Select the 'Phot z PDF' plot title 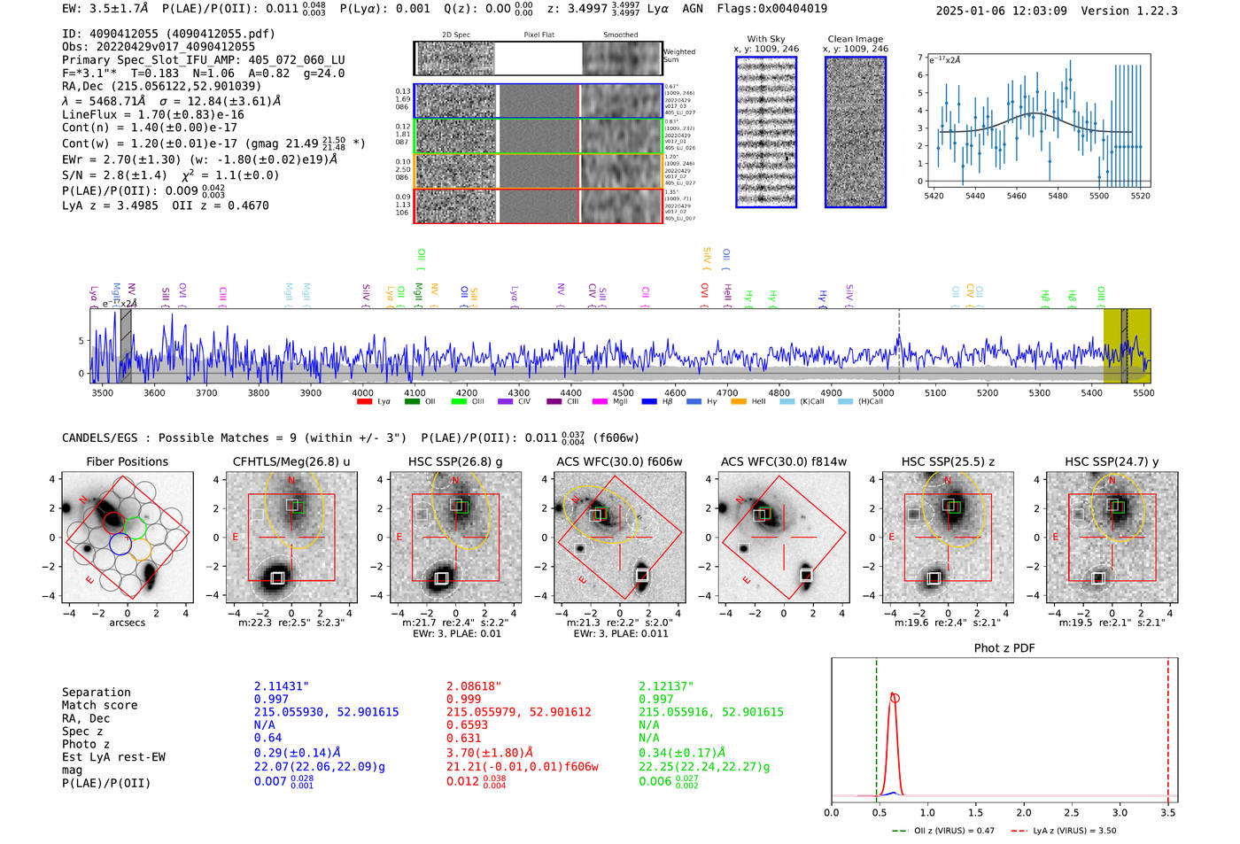click(1004, 648)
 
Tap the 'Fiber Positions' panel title click(127, 461)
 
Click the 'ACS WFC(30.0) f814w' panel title click(783, 461)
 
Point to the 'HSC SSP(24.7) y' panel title click(1112, 461)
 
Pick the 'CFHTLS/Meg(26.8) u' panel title click(291, 461)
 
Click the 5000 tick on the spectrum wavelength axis click(883, 392)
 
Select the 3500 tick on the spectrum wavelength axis click(102, 392)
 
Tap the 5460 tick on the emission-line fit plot click(1016, 196)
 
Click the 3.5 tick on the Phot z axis click(1168, 812)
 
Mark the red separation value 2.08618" click(473, 686)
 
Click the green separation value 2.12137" click(666, 686)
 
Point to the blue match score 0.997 click(271, 700)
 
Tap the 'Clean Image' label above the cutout click(855, 39)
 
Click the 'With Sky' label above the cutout click(765, 39)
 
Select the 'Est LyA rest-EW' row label click(113, 757)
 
